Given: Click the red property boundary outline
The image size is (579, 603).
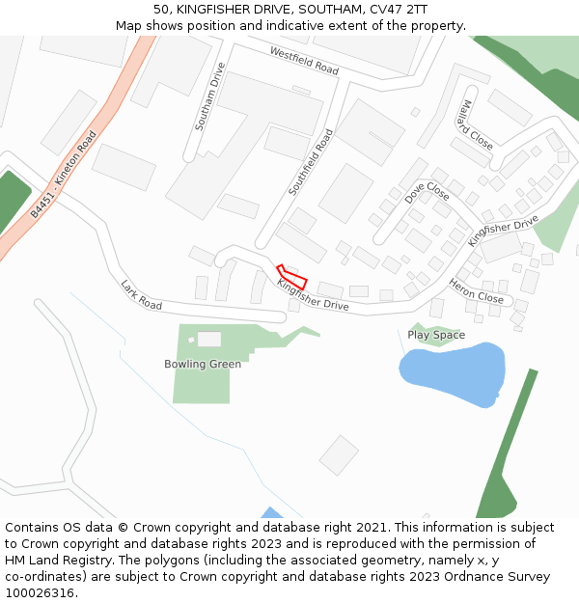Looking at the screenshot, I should coord(291,277).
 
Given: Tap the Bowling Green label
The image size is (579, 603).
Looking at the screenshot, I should coord(203,364).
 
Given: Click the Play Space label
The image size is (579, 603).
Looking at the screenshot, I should coord(436,335).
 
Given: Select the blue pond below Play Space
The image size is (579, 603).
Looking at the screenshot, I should coord(452,372).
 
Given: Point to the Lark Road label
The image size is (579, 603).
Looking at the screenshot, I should coord(141,294).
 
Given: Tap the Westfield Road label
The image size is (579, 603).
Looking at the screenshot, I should coord(304,61).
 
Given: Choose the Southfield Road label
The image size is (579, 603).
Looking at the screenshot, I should coord(310,162).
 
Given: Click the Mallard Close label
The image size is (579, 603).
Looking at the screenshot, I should coord(477,124).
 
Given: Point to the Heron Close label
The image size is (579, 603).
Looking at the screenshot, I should coord(476,291).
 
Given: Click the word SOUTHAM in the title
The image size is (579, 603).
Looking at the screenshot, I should coord(306,9).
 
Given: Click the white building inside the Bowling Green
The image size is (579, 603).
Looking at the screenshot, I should coord(208,340).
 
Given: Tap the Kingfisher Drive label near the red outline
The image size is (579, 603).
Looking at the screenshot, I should coord(313,295).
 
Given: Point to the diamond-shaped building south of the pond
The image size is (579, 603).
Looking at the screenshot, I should coord(339,455).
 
